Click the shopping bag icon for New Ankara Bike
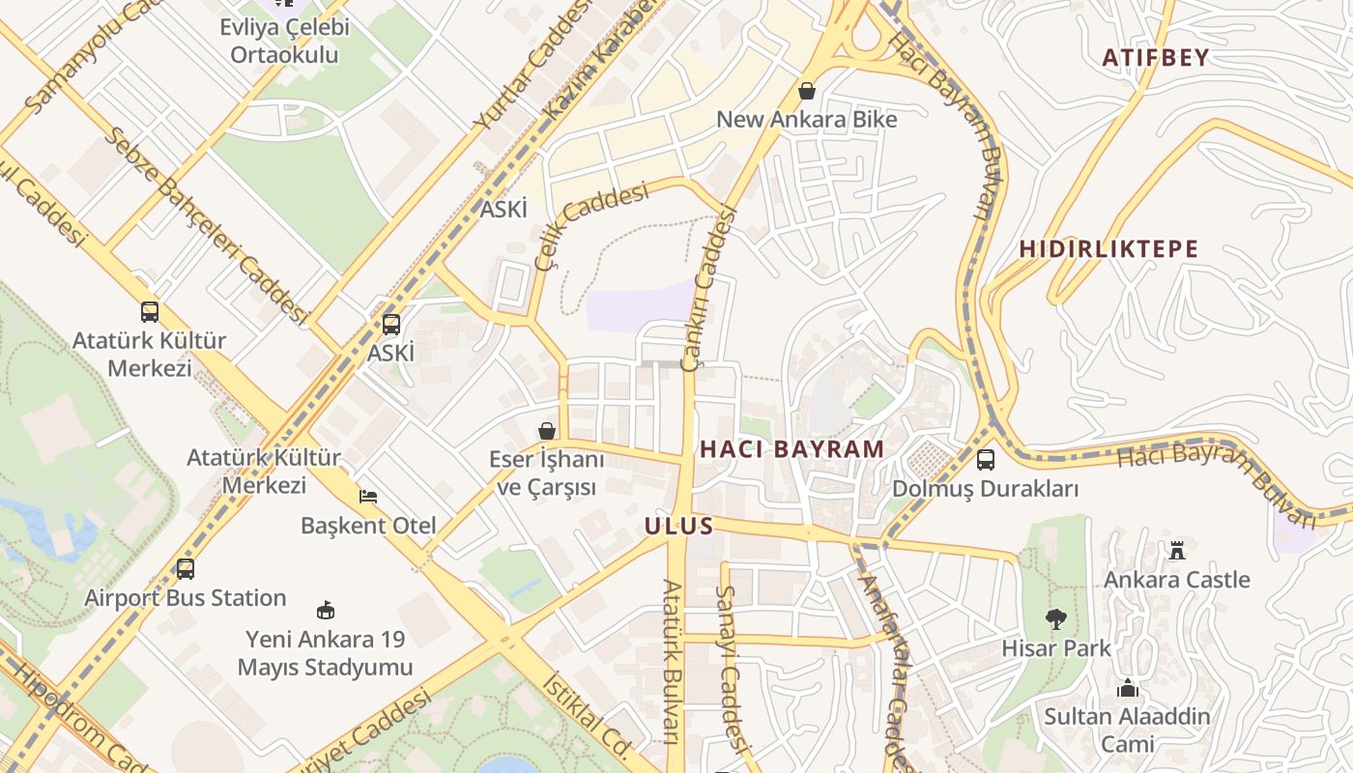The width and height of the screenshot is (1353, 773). (x=807, y=91)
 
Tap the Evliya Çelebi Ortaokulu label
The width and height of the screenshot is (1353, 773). (x=284, y=41)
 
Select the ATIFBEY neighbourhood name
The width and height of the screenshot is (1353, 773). (x=1156, y=57)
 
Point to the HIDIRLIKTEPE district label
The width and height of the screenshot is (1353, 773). (x=1108, y=248)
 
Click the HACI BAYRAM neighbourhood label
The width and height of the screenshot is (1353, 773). (x=792, y=448)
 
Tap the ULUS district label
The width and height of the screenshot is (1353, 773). (x=678, y=527)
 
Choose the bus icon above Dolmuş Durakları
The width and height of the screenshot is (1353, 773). (x=986, y=460)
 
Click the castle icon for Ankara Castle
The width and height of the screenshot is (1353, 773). (x=1177, y=551)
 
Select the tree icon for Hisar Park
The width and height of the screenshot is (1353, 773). (x=1056, y=618)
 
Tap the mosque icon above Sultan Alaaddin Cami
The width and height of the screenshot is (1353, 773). (x=1127, y=689)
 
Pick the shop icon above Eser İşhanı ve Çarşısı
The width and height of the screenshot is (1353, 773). (x=547, y=430)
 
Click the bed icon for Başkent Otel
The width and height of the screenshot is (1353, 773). (x=368, y=497)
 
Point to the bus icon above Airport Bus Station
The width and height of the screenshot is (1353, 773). (x=186, y=569)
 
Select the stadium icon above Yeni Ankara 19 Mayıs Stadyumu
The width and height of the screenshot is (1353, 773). (x=326, y=610)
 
